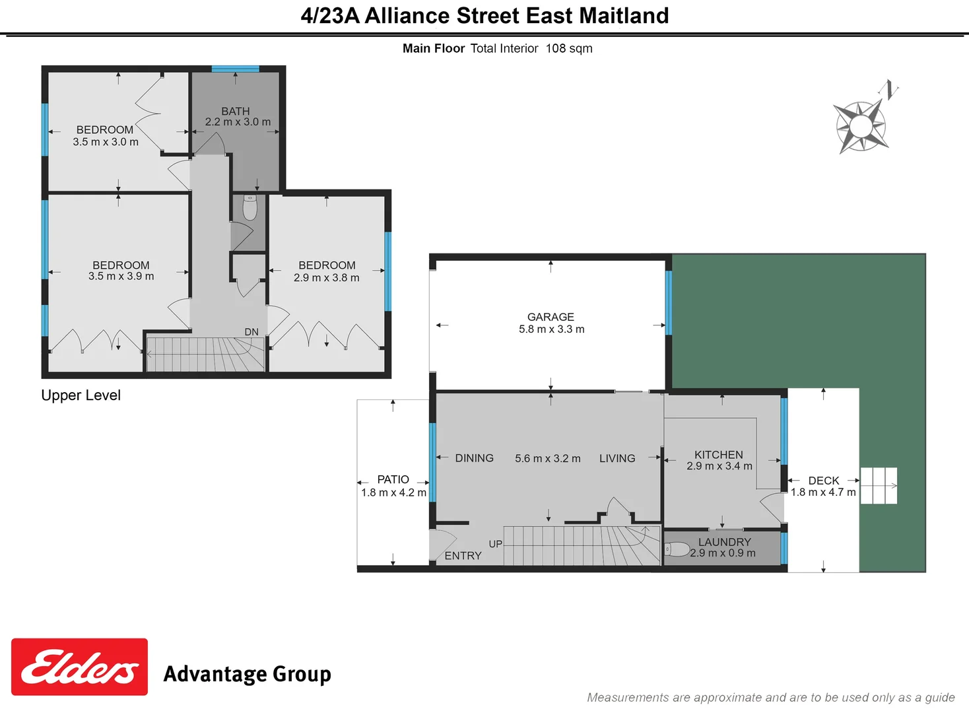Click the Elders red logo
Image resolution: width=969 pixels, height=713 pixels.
pyautogui.click(x=79, y=667)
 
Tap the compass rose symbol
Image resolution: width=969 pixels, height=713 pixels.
pyautogui.click(x=860, y=125)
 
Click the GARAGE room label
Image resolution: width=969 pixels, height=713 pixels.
pyautogui.click(x=551, y=317)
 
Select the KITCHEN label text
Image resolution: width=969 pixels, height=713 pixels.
pyautogui.click(x=719, y=455)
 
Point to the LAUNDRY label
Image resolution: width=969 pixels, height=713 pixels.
pyautogui.click(x=725, y=542)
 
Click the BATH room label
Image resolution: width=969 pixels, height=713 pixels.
pyautogui.click(x=236, y=111)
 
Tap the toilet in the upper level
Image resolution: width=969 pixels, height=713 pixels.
pyautogui.click(x=250, y=207)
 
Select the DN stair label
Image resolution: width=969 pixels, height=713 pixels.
pyautogui.click(x=251, y=332)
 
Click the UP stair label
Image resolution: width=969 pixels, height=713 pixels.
pyautogui.click(x=496, y=544)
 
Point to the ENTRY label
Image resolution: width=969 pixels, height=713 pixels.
pyautogui.click(x=463, y=556)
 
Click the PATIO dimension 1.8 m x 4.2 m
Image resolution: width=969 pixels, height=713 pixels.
pyautogui.click(x=393, y=492)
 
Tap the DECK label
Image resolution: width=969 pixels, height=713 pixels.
pyautogui.click(x=824, y=481)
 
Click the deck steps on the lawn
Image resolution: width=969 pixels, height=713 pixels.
pyautogui.click(x=879, y=486)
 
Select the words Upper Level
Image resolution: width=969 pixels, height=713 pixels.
pyautogui.click(x=81, y=395)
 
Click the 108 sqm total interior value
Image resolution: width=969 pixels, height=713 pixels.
pyautogui.click(x=569, y=48)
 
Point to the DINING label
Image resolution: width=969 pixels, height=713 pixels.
pyautogui.click(x=474, y=458)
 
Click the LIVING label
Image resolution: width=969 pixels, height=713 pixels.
pyautogui.click(x=617, y=458)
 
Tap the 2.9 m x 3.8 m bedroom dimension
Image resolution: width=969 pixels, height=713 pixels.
pyautogui.click(x=327, y=278)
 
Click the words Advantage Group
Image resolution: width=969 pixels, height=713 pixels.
pyautogui.click(x=247, y=674)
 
